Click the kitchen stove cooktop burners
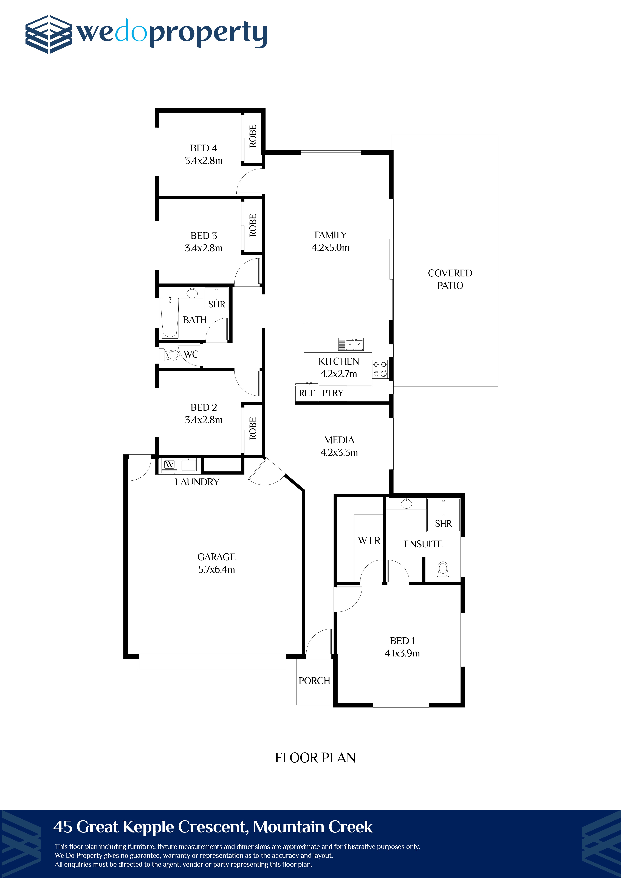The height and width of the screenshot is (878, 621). click(380, 369)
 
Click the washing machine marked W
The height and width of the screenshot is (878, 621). click(169, 465)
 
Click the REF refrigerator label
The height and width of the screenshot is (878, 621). click(307, 393)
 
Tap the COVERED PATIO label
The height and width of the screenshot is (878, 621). click(450, 279)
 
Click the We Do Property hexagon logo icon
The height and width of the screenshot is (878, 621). click(49, 34)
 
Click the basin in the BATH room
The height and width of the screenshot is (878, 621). click(192, 293)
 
